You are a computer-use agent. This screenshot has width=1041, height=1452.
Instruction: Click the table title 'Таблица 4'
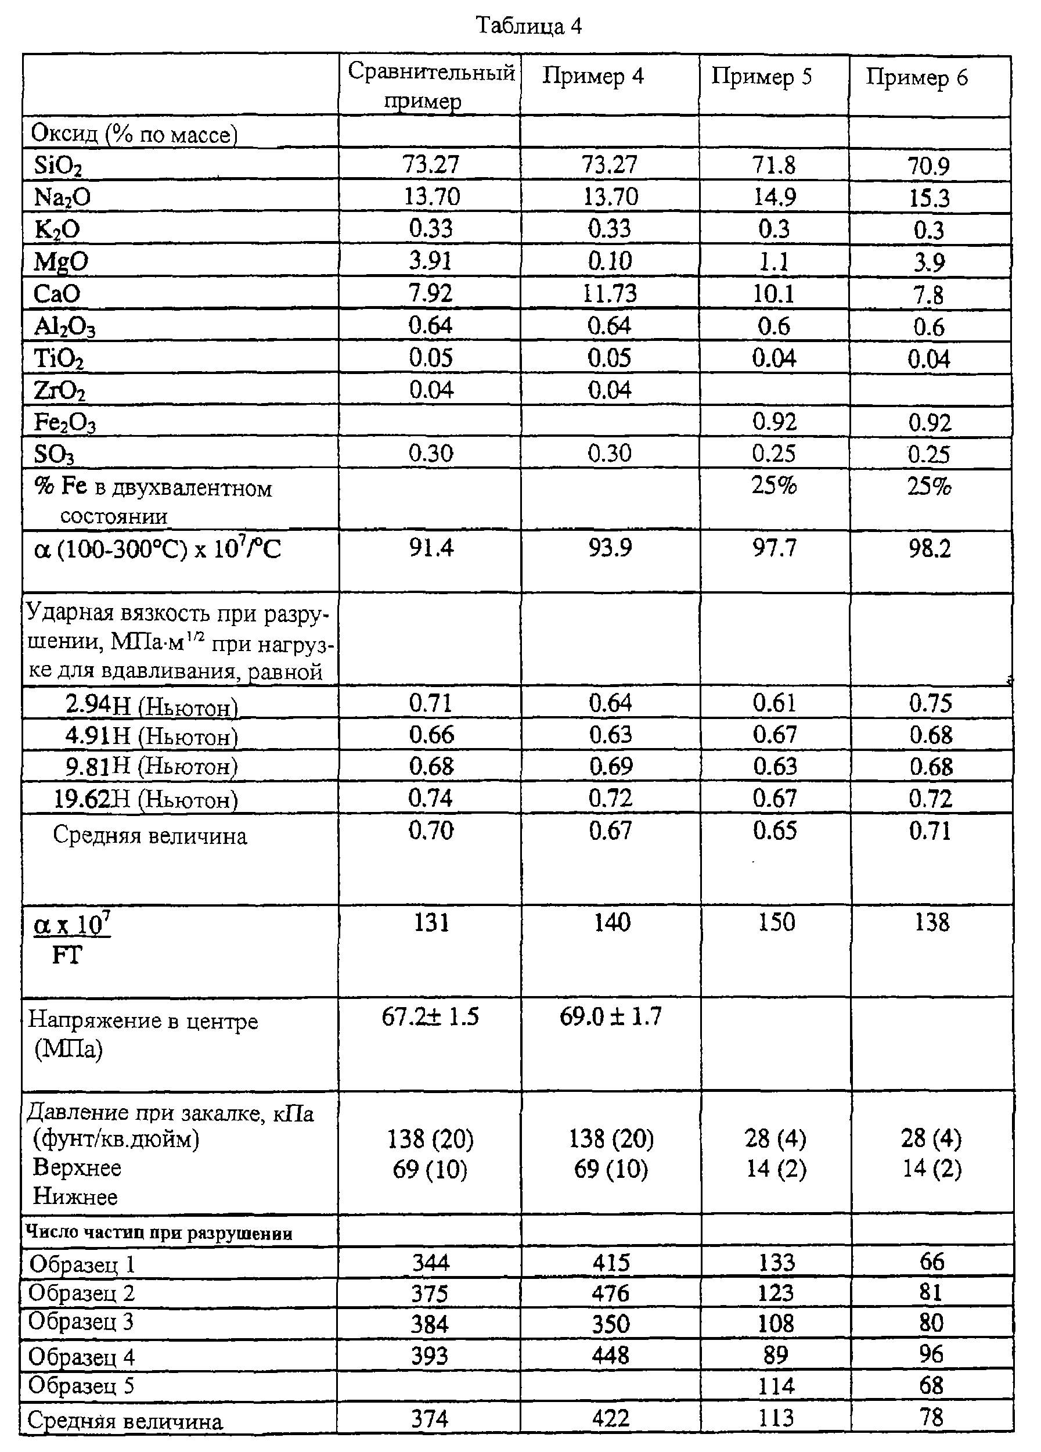pyautogui.click(x=529, y=26)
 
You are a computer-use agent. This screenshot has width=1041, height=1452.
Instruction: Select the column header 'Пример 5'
pyautogui.click(x=761, y=77)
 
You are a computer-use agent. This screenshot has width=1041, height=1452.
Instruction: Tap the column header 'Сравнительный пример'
pyautogui.click(x=431, y=86)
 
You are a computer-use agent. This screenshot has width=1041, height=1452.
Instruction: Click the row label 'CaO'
pyautogui.click(x=57, y=294)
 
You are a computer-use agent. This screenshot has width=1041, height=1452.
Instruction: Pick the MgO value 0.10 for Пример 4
pyautogui.click(x=609, y=261)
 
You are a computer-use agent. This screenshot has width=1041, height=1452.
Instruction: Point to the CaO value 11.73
pyautogui.click(x=609, y=293)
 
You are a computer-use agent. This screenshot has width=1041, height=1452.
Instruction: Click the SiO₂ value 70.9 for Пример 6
pyautogui.click(x=928, y=167)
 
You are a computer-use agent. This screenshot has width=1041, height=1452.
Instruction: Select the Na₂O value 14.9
pyautogui.click(x=773, y=198)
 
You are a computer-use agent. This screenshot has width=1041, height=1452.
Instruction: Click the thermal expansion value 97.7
pyautogui.click(x=773, y=549)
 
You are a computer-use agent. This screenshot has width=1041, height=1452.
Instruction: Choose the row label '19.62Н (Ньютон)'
pyautogui.click(x=146, y=799)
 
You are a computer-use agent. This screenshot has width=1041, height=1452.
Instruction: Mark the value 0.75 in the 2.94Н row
pyautogui.click(x=930, y=703)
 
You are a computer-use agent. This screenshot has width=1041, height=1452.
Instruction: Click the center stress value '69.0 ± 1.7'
pyautogui.click(x=610, y=1016)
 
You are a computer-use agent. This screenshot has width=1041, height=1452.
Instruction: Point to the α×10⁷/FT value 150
pyautogui.click(x=776, y=922)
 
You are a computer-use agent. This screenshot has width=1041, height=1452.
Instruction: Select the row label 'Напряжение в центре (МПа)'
pyautogui.click(x=142, y=1034)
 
